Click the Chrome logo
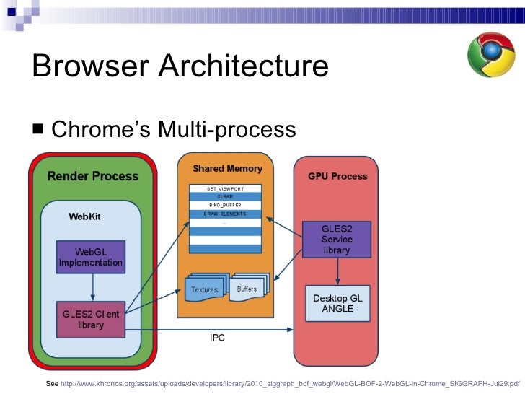491,55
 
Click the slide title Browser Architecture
180,67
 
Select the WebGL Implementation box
91,257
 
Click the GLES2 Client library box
91,319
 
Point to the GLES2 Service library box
336,239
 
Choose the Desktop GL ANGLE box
337,303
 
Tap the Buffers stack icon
249,287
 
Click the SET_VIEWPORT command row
224,188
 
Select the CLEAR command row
224,196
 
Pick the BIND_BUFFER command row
224,205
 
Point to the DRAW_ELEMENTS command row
224,214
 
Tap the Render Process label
93,175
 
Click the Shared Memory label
227,169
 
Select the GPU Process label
337,176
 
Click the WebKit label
86,216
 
